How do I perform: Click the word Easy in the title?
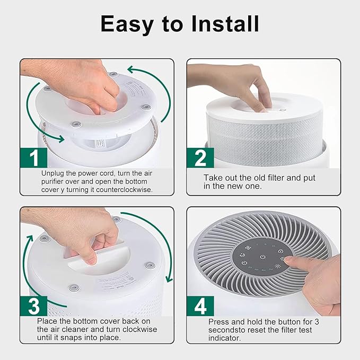tap(127, 24)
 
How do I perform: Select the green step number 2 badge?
tap(200, 158)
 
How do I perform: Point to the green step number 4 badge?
tap(200, 306)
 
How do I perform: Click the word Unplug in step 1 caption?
tap(54, 173)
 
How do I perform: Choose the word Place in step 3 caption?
tap(49, 321)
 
